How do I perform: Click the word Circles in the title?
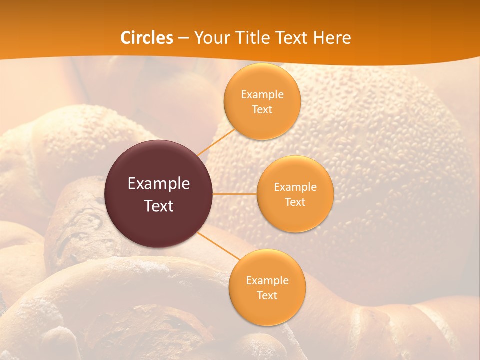pyautogui.click(x=146, y=38)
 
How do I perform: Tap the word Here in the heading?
pyautogui.click(x=331, y=38)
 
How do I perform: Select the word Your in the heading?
pyautogui.click(x=210, y=38)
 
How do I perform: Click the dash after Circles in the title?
pyautogui.click(x=183, y=38)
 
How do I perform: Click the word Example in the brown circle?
pyautogui.click(x=159, y=184)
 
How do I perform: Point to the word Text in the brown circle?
pyautogui.click(x=159, y=206)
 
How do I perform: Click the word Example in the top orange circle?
pyautogui.click(x=262, y=95)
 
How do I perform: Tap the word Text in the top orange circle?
pyautogui.click(x=262, y=110)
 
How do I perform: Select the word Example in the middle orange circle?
pyautogui.click(x=295, y=187)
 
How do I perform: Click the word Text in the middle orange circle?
pyautogui.click(x=295, y=202)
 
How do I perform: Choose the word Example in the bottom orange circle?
pyautogui.click(x=267, y=281)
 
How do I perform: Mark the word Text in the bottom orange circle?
pyautogui.click(x=267, y=296)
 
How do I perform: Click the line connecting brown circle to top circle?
pyautogui.click(x=216, y=142)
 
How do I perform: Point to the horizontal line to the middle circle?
pyautogui.click(x=235, y=194)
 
